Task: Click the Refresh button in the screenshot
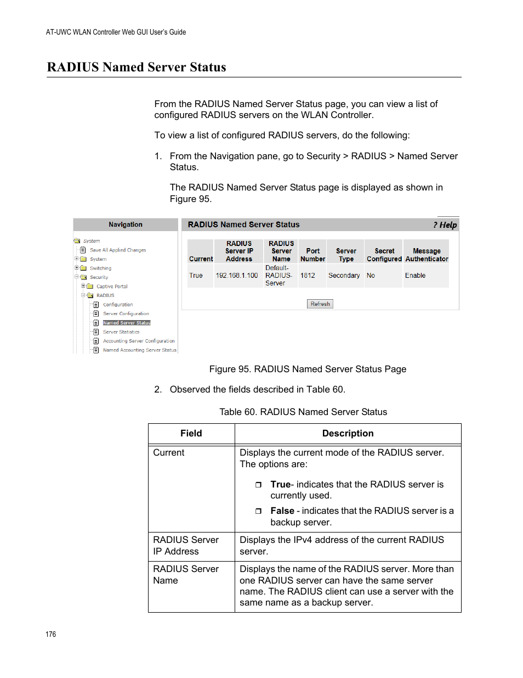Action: [320, 304]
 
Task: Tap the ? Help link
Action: [445, 225]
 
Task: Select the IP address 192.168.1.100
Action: [236, 276]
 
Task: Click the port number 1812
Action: [308, 276]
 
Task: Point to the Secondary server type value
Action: [344, 276]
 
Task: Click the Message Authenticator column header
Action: [427, 255]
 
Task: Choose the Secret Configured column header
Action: [384, 255]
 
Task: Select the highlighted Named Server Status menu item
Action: [127, 323]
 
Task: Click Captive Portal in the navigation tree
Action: [112, 287]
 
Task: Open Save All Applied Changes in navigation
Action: [118, 250]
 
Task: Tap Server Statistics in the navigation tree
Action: [121, 332]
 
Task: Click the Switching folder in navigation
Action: [100, 268]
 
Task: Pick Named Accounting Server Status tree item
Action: [140, 350]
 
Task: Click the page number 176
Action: [51, 634]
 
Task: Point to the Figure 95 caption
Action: [308, 369]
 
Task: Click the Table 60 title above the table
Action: [303, 412]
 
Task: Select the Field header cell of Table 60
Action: [191, 433]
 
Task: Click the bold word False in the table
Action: [282, 511]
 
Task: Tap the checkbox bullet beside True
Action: [258, 485]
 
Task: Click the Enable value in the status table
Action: [415, 276]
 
